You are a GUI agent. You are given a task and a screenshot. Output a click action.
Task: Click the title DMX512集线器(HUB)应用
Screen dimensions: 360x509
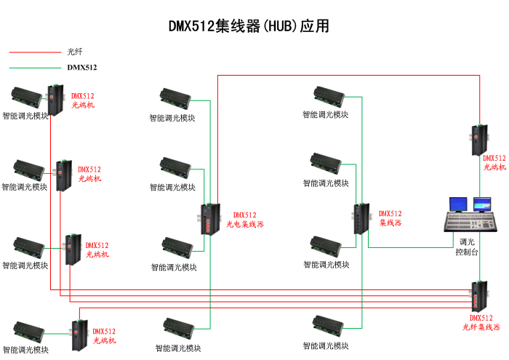tap(249, 27)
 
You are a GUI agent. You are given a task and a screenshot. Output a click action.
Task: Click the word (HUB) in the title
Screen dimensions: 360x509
tap(280, 27)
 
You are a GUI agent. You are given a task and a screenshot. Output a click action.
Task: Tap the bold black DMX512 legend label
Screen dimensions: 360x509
tap(82, 68)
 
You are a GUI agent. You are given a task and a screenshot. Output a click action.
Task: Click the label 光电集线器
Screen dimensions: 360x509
tap(244, 225)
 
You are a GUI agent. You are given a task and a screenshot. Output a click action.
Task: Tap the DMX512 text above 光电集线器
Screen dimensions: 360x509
tap(244, 215)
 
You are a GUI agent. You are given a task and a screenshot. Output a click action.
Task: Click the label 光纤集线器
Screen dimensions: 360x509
tap(481, 328)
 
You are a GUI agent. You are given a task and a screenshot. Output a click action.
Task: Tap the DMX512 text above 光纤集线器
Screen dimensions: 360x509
tap(481, 319)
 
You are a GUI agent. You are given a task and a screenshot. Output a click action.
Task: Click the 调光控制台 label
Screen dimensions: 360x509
tap(466, 247)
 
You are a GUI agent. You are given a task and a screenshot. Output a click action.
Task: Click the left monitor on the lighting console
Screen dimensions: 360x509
tap(459, 204)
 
